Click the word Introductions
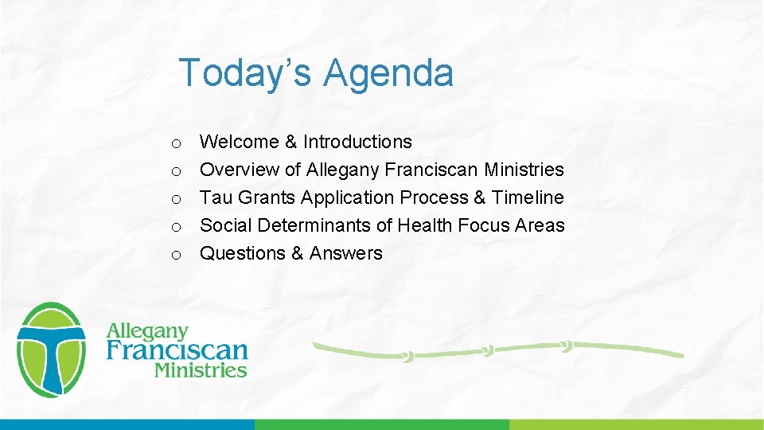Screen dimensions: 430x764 tap(357, 142)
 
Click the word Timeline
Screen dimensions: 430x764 tap(528, 197)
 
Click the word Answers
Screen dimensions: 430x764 tap(346, 253)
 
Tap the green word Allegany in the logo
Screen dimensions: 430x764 tap(147, 330)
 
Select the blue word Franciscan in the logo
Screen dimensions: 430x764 tap(177, 350)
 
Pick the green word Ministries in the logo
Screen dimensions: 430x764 tap(201, 369)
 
